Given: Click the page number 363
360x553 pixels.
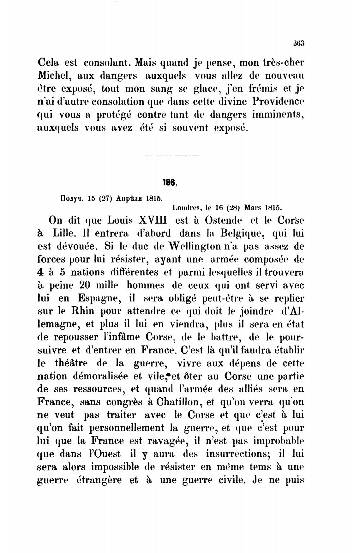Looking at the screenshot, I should (x=298, y=44).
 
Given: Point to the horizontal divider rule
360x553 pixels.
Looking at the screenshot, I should (x=171, y=155).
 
